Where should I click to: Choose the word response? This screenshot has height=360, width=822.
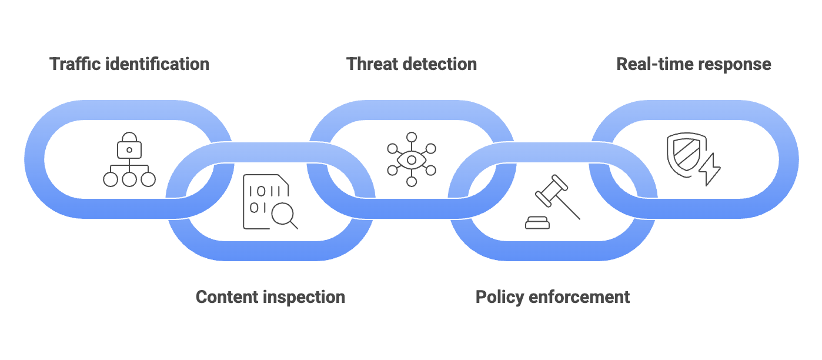tap(734, 64)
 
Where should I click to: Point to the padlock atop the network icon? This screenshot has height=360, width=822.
tap(129, 146)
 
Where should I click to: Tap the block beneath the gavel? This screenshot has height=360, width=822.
tap(537, 222)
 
